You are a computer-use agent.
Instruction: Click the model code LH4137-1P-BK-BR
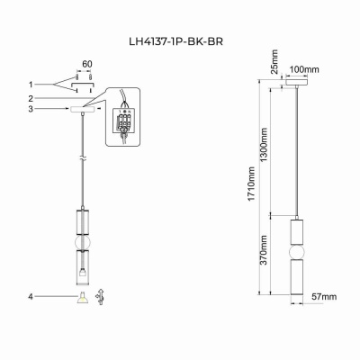pyautogui.click(x=179, y=40)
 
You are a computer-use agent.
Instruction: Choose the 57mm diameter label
pyautogui.click(x=322, y=295)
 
